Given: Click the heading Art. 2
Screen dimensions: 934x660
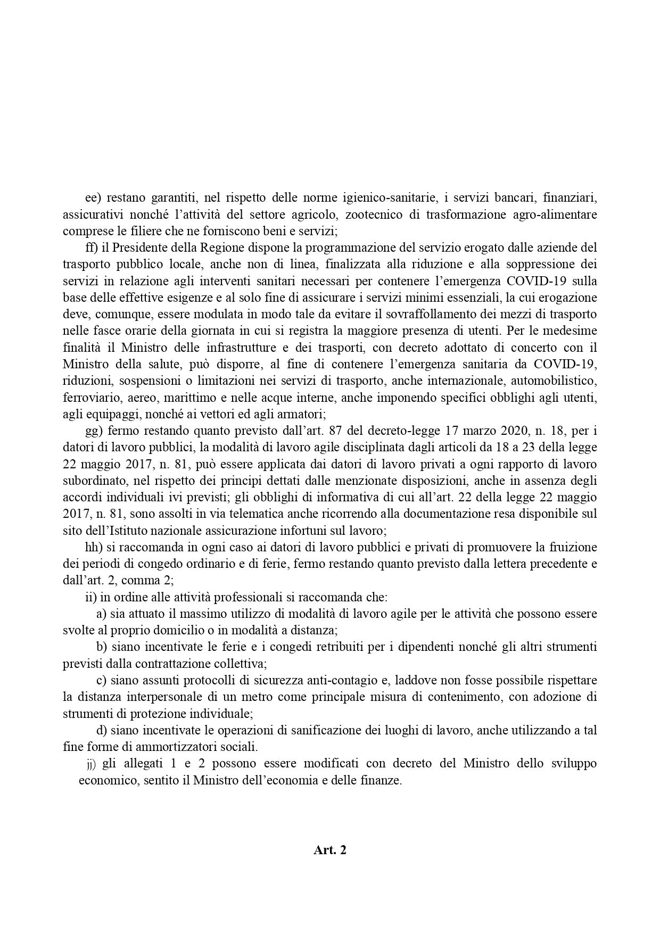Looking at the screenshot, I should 330,850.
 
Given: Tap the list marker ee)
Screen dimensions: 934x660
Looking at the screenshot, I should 93,199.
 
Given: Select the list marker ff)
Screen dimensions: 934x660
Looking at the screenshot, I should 93,247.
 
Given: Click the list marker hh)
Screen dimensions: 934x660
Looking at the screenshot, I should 94,547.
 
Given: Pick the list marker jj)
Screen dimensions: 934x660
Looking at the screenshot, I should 91,764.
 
